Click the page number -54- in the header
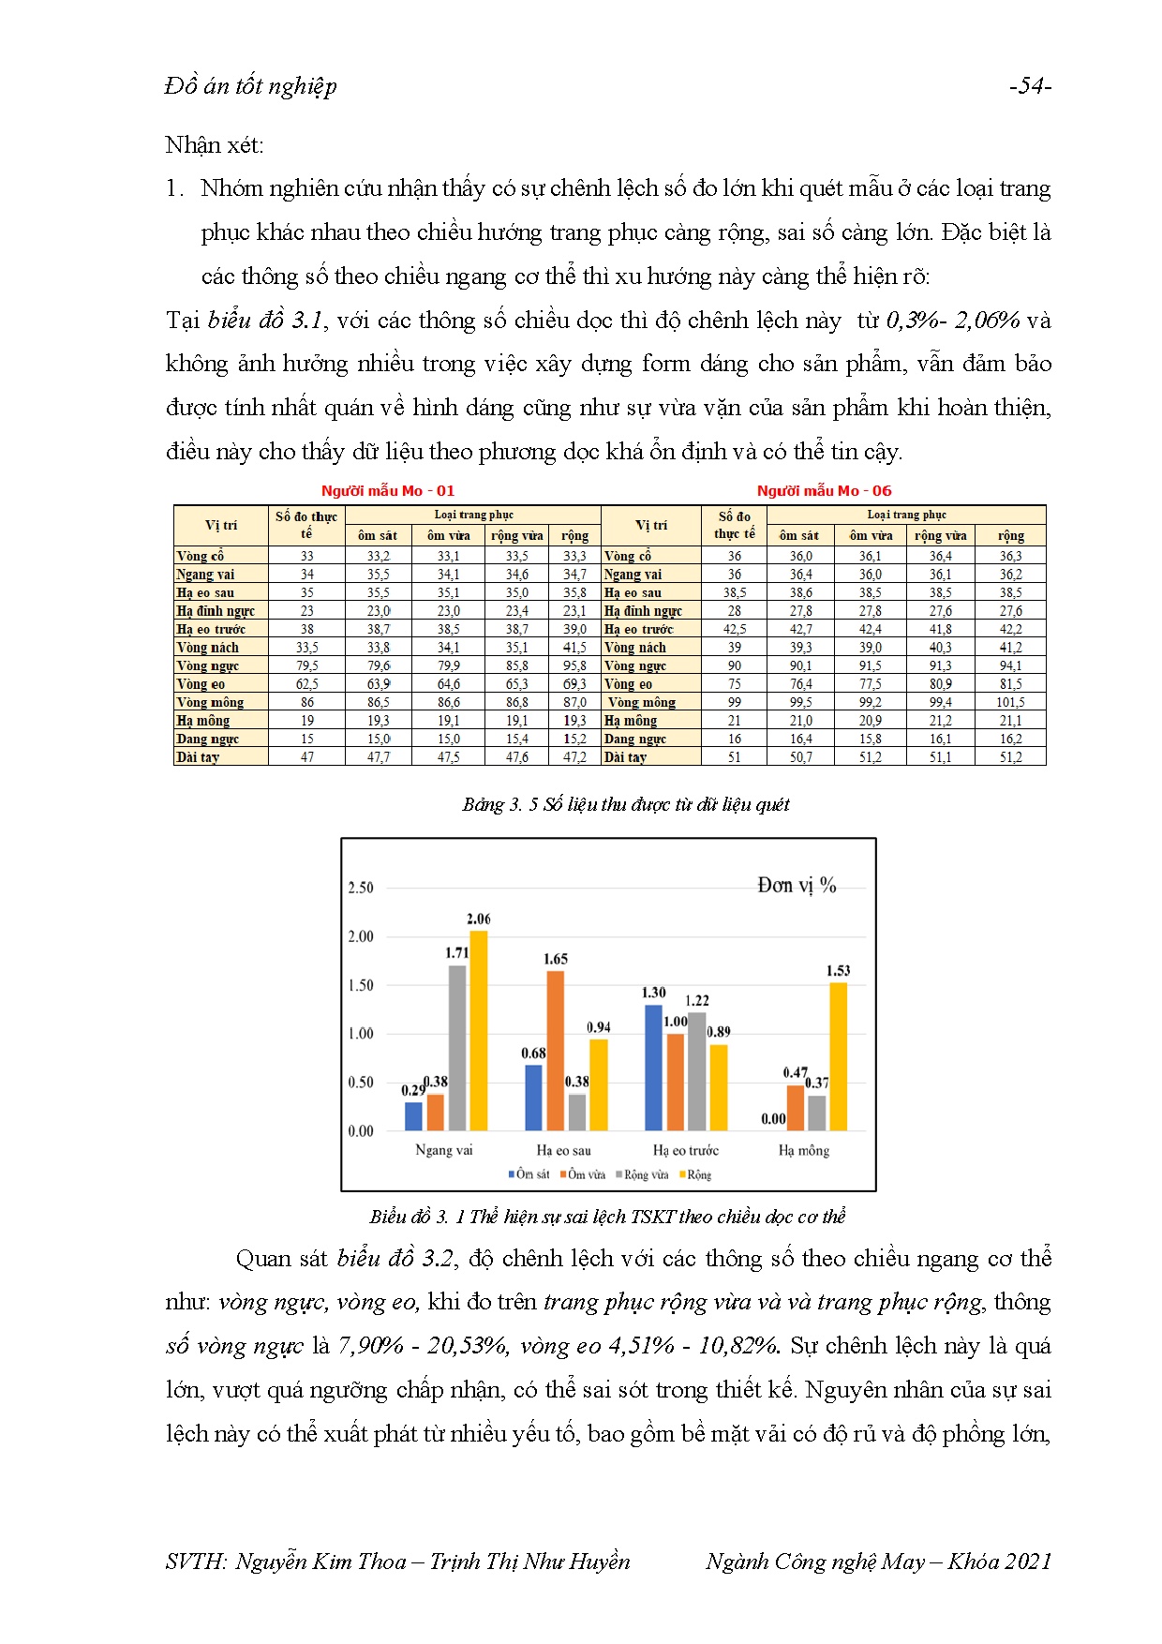(1030, 86)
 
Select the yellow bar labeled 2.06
(478, 1031)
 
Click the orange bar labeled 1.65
(556, 1051)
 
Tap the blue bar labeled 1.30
(653, 1068)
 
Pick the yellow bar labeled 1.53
(838, 1056)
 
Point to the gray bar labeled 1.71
(457, 1048)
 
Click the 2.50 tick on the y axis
(361, 888)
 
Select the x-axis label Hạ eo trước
(685, 1150)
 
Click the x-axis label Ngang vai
(443, 1150)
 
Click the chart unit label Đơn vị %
(797, 885)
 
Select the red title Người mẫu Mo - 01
(387, 490)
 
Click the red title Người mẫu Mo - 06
(824, 490)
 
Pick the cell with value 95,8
(574, 665)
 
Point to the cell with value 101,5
(1010, 702)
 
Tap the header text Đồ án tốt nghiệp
(250, 86)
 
